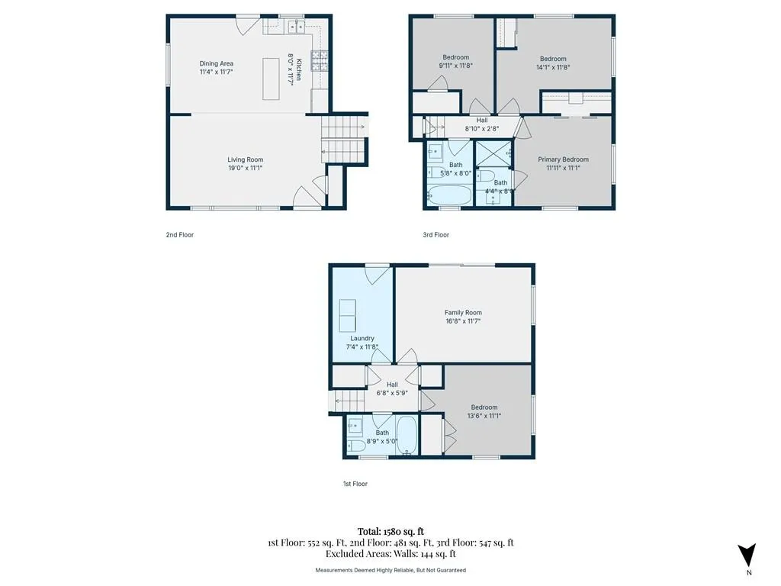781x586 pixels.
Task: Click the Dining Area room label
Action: pyautogui.click(x=216, y=63)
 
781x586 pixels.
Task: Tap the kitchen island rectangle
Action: pyautogui.click(x=271, y=79)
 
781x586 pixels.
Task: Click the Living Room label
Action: pyautogui.click(x=245, y=159)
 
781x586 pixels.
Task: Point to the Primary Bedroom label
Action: pyautogui.click(x=564, y=159)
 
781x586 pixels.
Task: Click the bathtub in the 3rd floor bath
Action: pyautogui.click(x=448, y=195)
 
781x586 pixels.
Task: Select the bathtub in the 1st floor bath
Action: pyautogui.click(x=407, y=435)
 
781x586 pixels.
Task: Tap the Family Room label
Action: pyautogui.click(x=463, y=312)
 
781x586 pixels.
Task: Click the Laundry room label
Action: pyautogui.click(x=362, y=338)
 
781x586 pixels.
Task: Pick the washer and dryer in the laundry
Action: pyautogui.click(x=348, y=315)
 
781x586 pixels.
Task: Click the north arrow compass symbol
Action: pyautogui.click(x=747, y=555)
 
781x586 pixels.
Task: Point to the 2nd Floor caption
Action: pyautogui.click(x=180, y=235)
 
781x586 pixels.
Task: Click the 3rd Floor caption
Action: pyautogui.click(x=435, y=235)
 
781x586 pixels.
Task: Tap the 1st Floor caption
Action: pyautogui.click(x=355, y=484)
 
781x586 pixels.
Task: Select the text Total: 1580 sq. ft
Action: pyautogui.click(x=391, y=531)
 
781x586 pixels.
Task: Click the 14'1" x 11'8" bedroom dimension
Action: pyautogui.click(x=553, y=67)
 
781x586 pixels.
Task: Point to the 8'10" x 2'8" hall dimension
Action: pyautogui.click(x=482, y=128)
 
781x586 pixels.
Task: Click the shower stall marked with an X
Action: pyautogui.click(x=493, y=154)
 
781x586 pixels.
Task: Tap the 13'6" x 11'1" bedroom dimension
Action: pyautogui.click(x=484, y=416)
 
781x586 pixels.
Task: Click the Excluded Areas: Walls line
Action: pyautogui.click(x=390, y=554)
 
